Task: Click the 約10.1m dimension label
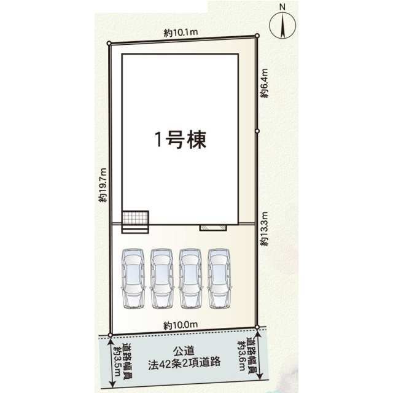[181, 33]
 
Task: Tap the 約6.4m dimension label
[264, 83]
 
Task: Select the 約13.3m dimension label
[264, 228]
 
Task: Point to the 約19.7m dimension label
[103, 185]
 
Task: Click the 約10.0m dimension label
[181, 325]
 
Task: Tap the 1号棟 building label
[181, 140]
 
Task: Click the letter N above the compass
[282, 7]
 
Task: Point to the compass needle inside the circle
[283, 26]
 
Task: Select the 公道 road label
[184, 351]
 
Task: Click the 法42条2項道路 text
[184, 362]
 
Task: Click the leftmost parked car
[133, 278]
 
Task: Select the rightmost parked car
[219, 278]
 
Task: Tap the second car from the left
[162, 278]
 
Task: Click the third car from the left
[190, 278]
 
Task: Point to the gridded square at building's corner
[135, 217]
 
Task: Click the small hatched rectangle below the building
[213, 228]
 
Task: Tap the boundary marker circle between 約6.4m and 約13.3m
[257, 131]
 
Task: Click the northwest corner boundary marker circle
[109, 44]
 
